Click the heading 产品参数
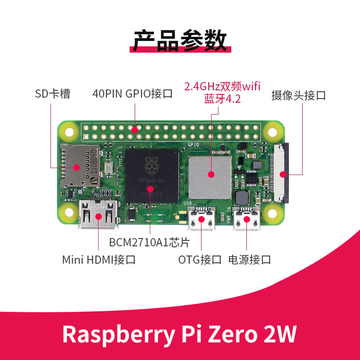180,40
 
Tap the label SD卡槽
53,94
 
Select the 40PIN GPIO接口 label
133,94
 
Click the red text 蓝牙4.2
223,98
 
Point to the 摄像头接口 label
298,95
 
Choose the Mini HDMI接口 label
99,260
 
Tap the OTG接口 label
200,260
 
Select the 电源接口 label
250,260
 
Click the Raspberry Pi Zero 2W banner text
180,334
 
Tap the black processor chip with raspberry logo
152,175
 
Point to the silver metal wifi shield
210,174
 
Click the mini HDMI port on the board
99,215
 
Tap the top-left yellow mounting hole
70,133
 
